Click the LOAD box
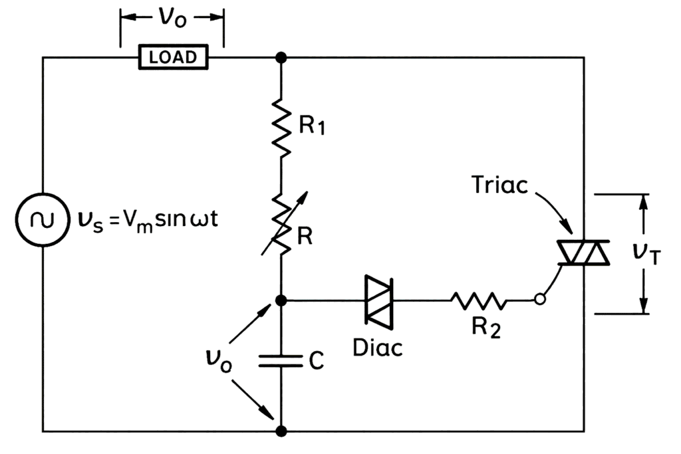(x=172, y=57)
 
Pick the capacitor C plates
(x=281, y=361)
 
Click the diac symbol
(x=378, y=300)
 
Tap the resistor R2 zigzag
(x=478, y=300)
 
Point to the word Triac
(x=498, y=184)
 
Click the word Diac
(x=377, y=347)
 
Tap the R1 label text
(x=312, y=127)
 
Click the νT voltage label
(x=645, y=253)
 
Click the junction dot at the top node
(x=281, y=58)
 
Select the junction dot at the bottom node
(x=281, y=431)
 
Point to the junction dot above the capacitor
(x=281, y=300)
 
